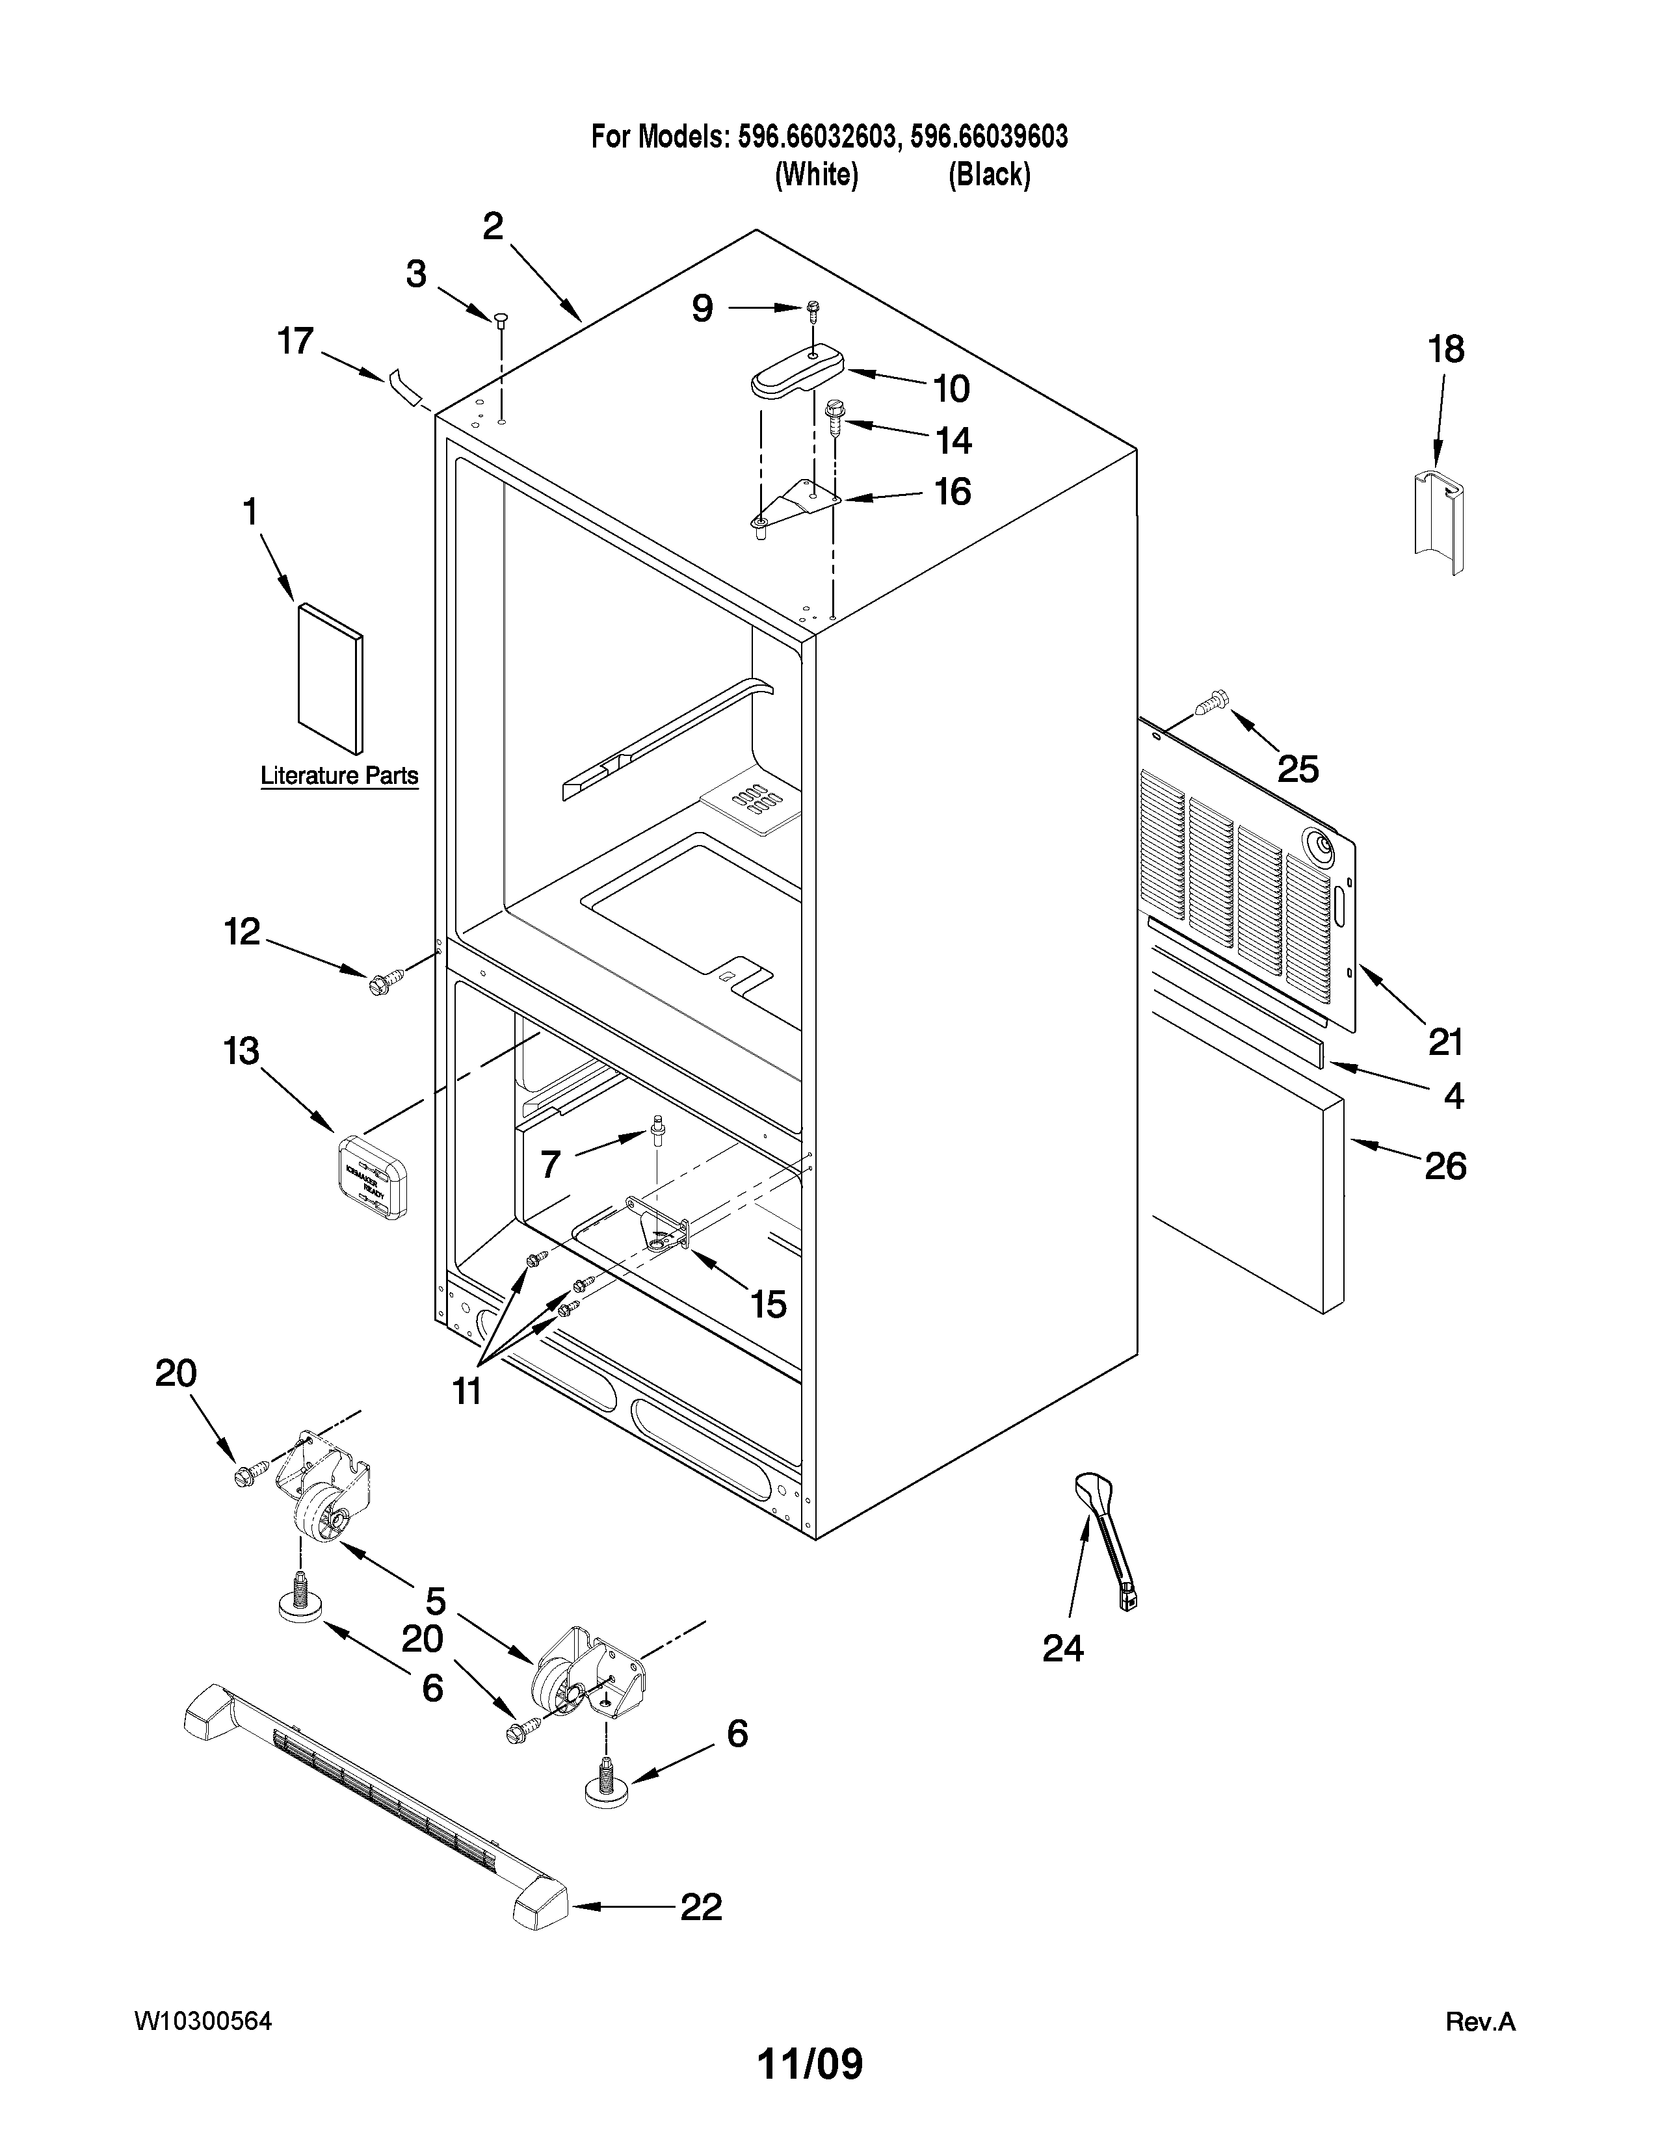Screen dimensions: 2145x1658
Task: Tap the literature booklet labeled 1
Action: [x=329, y=678]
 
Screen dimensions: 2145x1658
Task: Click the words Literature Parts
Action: [x=339, y=776]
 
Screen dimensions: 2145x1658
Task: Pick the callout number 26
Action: [x=1445, y=1167]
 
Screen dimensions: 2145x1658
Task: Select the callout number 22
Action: [x=702, y=1907]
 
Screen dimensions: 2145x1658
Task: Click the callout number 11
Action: [x=467, y=1391]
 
